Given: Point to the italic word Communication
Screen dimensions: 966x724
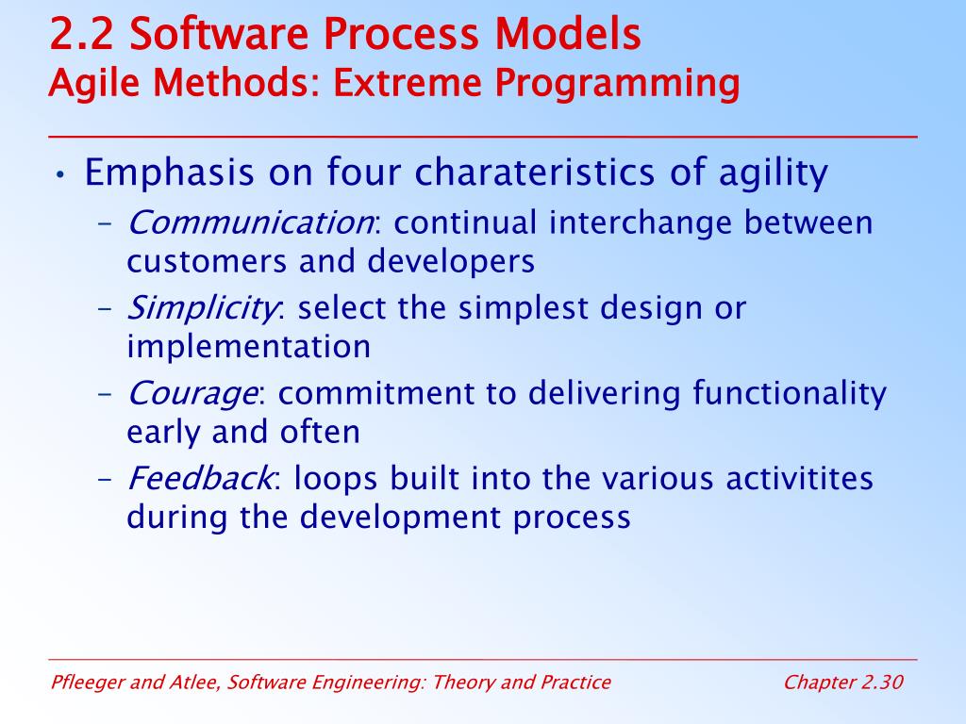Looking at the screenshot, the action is [x=250, y=222].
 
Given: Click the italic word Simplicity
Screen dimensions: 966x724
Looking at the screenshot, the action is [x=202, y=309].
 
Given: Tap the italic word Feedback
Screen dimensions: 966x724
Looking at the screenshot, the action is [x=200, y=478].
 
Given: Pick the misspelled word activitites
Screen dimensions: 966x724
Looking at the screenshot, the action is [x=799, y=478].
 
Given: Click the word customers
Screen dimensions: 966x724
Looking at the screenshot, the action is [x=207, y=262].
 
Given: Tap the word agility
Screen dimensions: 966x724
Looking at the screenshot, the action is [x=774, y=173].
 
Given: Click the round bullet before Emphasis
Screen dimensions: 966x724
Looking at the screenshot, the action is [x=59, y=174].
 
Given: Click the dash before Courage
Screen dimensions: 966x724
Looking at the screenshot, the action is [x=106, y=395].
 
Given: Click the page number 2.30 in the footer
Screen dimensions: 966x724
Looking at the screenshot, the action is [x=882, y=683].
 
